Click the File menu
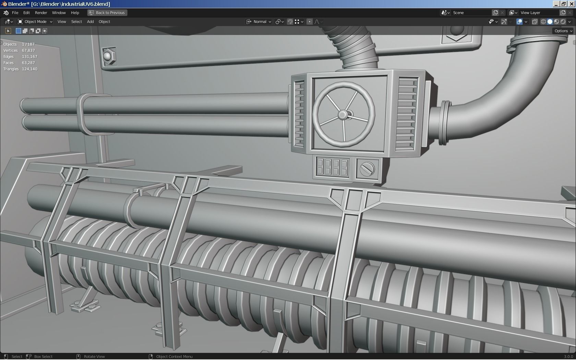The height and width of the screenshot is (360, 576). pyautogui.click(x=15, y=13)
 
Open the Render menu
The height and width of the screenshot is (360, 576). pyautogui.click(x=41, y=13)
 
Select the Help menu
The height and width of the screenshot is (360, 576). pyautogui.click(x=75, y=13)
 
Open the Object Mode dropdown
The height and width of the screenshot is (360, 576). pyautogui.click(x=35, y=22)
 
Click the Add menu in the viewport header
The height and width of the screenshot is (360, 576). pyautogui.click(x=90, y=22)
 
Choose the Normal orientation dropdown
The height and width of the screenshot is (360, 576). pyautogui.click(x=259, y=22)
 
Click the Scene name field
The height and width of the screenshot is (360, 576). pyautogui.click(x=471, y=13)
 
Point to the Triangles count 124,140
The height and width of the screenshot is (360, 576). pyautogui.click(x=29, y=69)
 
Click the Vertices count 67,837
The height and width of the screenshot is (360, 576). pyautogui.click(x=28, y=50)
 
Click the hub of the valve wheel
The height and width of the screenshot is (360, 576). pyautogui.click(x=343, y=115)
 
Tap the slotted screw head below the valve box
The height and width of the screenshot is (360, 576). pyautogui.click(x=367, y=168)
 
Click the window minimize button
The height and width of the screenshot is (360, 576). pyautogui.click(x=556, y=4)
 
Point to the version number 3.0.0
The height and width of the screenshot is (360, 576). pyautogui.click(x=568, y=357)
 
